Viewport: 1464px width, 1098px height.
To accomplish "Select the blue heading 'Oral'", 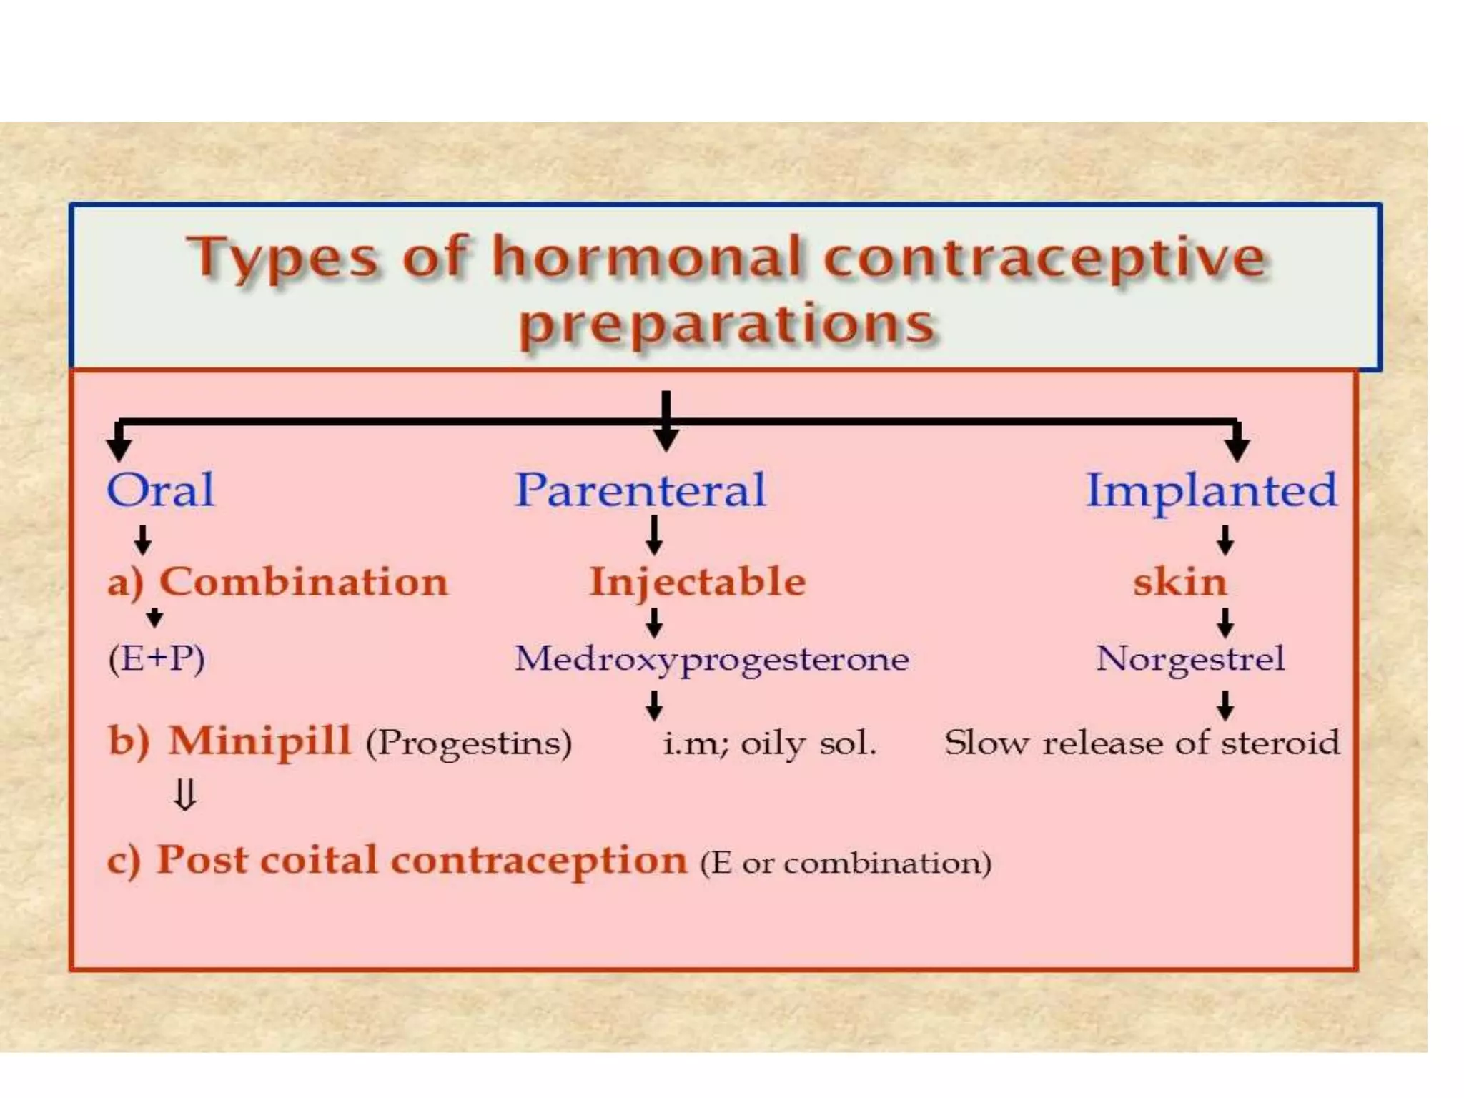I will pos(160,490).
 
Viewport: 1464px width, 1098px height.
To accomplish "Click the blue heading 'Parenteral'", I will pos(640,490).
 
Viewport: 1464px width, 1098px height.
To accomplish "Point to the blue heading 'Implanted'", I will pos(1211,492).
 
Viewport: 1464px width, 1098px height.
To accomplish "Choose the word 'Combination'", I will pos(303,582).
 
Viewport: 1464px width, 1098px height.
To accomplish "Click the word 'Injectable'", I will pos(698,582).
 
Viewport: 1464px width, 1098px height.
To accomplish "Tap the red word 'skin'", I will pos(1179,582).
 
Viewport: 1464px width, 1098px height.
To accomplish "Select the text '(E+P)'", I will pos(157,658).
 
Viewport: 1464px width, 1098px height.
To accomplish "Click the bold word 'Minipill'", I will pos(259,741).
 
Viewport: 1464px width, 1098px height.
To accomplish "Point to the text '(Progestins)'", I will pos(469,743).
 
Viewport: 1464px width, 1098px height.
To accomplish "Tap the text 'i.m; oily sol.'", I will pos(769,744).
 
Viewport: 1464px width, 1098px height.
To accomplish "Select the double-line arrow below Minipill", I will pos(185,795).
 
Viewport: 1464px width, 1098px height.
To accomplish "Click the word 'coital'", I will pos(318,860).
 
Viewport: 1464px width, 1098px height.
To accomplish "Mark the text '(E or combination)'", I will pos(846,864).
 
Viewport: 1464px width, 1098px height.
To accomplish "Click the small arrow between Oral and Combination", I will pos(143,540).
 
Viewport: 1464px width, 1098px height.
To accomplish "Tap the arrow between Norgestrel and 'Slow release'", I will pos(1225,705).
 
